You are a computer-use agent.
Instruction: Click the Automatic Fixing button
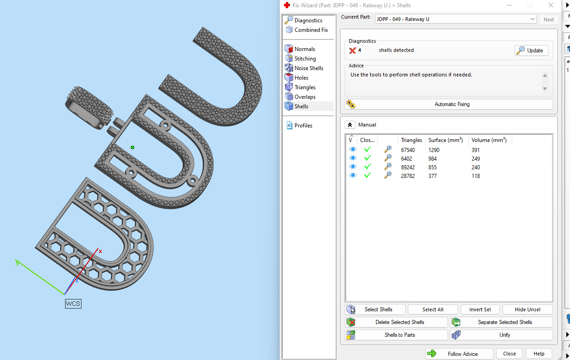click(448, 104)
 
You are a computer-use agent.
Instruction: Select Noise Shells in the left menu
click(308, 68)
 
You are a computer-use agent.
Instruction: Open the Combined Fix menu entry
click(310, 30)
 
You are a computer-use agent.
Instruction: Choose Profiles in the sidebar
click(303, 126)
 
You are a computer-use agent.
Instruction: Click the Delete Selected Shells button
click(397, 322)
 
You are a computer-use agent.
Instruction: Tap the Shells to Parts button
click(397, 335)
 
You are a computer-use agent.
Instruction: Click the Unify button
click(502, 335)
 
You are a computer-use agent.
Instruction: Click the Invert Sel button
click(480, 309)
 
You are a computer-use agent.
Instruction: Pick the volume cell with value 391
click(476, 150)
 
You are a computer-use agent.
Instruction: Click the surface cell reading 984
click(434, 159)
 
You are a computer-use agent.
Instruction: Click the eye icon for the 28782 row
click(352, 176)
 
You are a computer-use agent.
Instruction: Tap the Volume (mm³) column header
click(489, 140)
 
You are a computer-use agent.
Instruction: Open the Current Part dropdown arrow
click(532, 19)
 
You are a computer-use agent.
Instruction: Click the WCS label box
click(73, 304)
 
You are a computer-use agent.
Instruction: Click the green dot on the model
click(132, 147)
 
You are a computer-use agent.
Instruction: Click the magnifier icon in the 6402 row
click(387, 158)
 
